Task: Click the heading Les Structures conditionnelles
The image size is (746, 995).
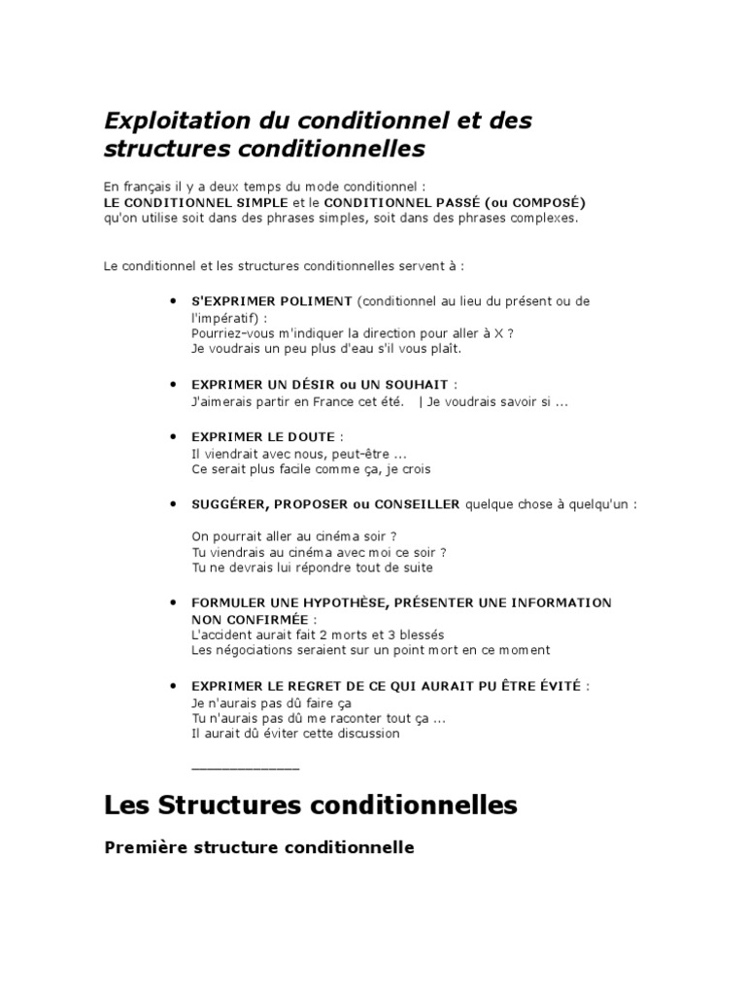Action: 310,806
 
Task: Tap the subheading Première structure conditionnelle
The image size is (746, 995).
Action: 258,848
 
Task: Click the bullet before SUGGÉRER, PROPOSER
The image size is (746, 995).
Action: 173,505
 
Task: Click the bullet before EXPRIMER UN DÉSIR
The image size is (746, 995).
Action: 173,386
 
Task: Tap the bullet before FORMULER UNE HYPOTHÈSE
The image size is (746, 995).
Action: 173,603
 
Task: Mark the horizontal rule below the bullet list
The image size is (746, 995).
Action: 246,769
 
